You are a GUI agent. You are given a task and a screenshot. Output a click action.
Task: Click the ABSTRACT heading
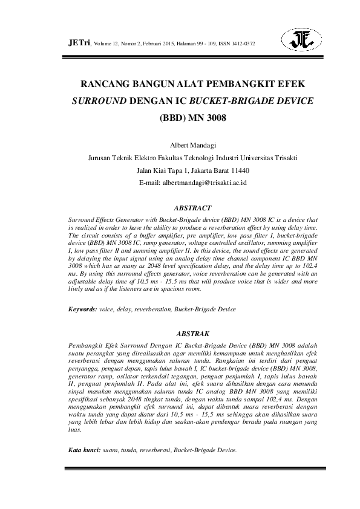point(192,207)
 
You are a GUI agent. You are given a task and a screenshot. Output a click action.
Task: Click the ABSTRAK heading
point(192,333)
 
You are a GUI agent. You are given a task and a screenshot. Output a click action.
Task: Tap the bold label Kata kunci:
point(84,450)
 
